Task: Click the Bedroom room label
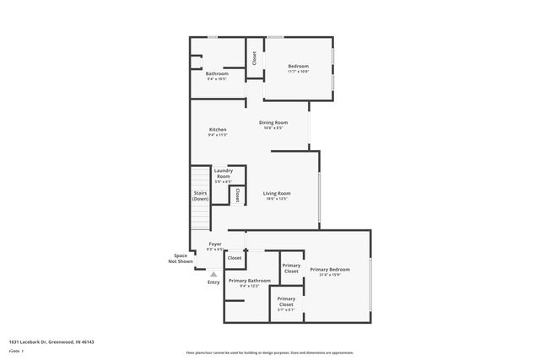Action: (298, 67)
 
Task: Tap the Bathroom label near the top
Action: (217, 73)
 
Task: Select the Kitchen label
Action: (218, 130)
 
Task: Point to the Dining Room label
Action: (273, 123)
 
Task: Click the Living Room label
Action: (277, 193)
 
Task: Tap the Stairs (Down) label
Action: (200, 196)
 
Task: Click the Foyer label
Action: (215, 244)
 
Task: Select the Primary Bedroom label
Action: (329, 270)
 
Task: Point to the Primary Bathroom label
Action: (249, 280)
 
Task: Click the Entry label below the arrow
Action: (213, 282)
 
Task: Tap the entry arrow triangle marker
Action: (213, 274)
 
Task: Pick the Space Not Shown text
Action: (180, 259)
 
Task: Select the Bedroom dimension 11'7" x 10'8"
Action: (298, 72)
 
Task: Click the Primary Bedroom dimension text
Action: (329, 275)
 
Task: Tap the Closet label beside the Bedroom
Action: (254, 58)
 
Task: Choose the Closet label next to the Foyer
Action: (223, 258)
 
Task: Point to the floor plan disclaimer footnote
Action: (270, 352)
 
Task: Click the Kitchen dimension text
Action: (218, 135)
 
